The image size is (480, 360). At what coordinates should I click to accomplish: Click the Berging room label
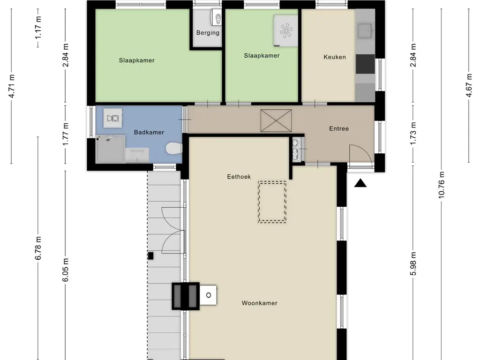tap(208, 33)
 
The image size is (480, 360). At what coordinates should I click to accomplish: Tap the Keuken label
tap(335, 57)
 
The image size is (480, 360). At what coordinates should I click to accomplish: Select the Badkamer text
tap(149, 132)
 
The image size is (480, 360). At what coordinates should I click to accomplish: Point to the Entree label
tap(339, 128)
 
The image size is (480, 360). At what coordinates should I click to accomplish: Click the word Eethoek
tap(239, 177)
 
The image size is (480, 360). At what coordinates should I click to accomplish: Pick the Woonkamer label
tap(260, 303)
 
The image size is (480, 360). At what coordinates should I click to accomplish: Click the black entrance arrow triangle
tap(360, 183)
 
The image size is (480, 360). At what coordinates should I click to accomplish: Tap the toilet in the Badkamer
tap(174, 149)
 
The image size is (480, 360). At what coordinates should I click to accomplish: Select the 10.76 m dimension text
tap(441, 185)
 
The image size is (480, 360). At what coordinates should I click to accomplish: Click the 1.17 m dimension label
tap(38, 28)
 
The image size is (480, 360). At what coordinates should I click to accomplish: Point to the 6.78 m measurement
tap(38, 248)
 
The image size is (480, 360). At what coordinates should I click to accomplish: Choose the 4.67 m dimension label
tap(469, 86)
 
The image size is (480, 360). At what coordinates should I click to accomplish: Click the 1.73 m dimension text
tap(413, 134)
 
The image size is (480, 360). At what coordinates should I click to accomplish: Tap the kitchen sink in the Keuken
tap(365, 31)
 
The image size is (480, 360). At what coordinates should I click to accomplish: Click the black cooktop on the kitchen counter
tap(365, 64)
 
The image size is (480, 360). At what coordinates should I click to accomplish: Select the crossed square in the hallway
tap(276, 120)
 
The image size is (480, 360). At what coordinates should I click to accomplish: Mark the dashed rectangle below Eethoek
tap(272, 202)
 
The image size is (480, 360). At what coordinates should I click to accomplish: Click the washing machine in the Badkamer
tap(112, 118)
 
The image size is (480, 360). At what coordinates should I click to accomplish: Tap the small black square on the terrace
tap(150, 255)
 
